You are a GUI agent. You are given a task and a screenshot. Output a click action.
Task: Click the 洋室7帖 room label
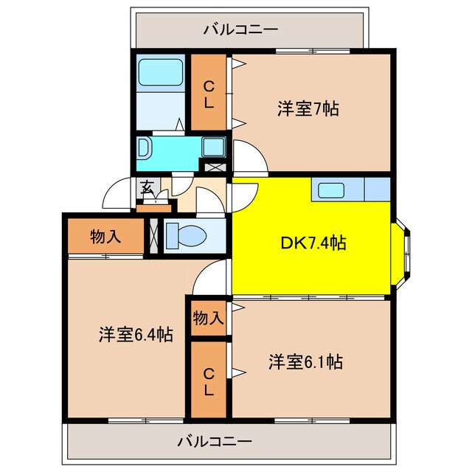[308, 110]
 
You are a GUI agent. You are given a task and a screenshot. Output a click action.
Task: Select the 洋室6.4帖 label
[136, 335]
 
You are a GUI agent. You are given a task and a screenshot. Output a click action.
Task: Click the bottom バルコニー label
[215, 442]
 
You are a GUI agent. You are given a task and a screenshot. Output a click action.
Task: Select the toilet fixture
[184, 236]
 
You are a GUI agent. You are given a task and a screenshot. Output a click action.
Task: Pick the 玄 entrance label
[147, 187]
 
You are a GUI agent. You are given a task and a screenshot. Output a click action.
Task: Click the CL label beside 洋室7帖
[209, 94]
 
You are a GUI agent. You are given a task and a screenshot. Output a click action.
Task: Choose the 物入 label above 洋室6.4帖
[105, 237]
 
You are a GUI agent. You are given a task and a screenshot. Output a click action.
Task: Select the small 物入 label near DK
[208, 318]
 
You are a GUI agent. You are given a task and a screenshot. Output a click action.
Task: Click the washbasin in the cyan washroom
[144, 147]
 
